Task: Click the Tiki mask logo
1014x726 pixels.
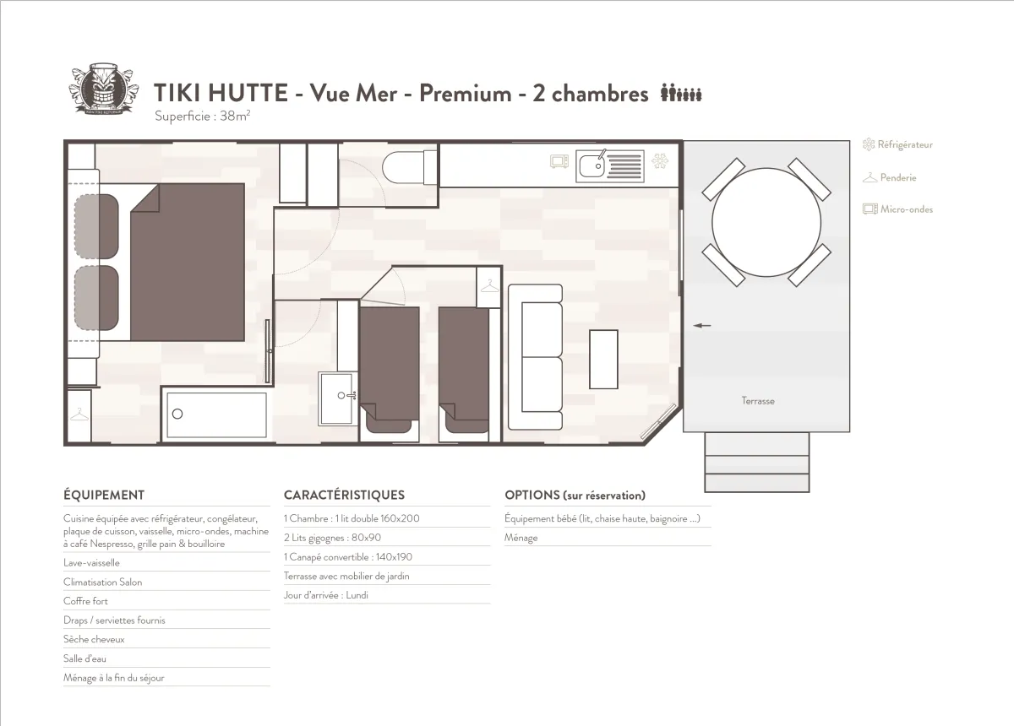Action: [101, 90]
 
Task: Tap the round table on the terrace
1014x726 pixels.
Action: [766, 222]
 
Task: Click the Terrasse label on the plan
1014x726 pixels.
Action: [758, 401]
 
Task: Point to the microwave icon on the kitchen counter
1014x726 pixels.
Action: [559, 160]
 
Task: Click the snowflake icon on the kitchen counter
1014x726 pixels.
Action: [662, 160]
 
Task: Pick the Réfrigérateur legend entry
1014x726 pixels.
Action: [897, 145]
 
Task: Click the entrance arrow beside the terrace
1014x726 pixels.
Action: [701, 325]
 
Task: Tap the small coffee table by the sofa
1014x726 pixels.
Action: [603, 359]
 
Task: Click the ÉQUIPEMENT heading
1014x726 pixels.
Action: [104, 496]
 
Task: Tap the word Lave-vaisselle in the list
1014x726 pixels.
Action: [91, 562]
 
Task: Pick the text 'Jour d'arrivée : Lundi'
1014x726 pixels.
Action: [326, 595]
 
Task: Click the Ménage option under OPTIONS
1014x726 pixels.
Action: [521, 538]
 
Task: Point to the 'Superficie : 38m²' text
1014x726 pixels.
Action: [202, 116]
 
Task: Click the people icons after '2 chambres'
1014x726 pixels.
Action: [681, 94]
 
